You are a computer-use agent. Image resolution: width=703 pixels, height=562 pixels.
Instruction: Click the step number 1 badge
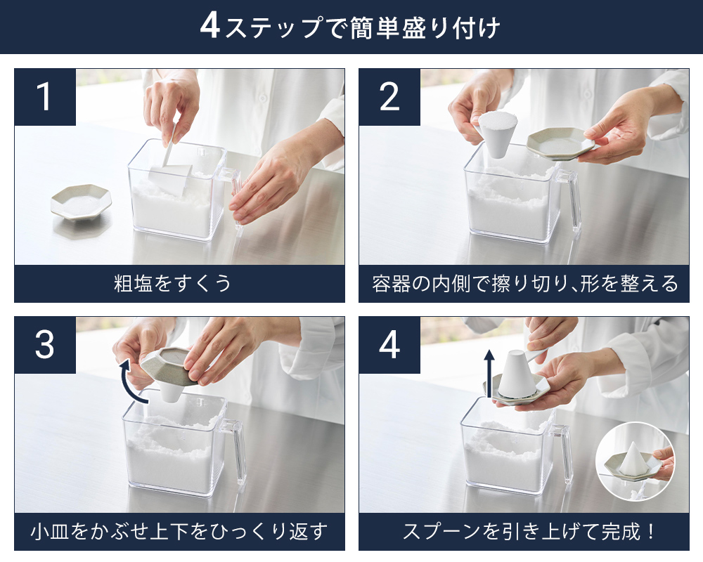click(x=45, y=97)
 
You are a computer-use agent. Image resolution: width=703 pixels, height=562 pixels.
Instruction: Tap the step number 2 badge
click(x=389, y=97)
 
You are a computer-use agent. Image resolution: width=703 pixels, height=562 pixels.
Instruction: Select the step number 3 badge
click(x=45, y=345)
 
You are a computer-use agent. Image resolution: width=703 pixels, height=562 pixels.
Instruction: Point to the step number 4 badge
click(x=389, y=345)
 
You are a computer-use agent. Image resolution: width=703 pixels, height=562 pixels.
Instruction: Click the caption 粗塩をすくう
click(x=173, y=283)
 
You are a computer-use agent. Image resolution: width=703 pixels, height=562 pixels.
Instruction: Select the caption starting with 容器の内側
click(x=524, y=283)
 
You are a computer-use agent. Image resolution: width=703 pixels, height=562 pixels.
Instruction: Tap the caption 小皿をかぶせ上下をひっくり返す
click(x=179, y=531)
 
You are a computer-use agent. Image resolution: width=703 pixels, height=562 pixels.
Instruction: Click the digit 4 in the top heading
click(x=209, y=26)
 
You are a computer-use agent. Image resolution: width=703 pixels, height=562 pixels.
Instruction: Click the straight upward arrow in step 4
click(x=489, y=374)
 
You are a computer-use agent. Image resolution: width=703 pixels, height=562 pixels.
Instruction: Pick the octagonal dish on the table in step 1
click(x=81, y=204)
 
